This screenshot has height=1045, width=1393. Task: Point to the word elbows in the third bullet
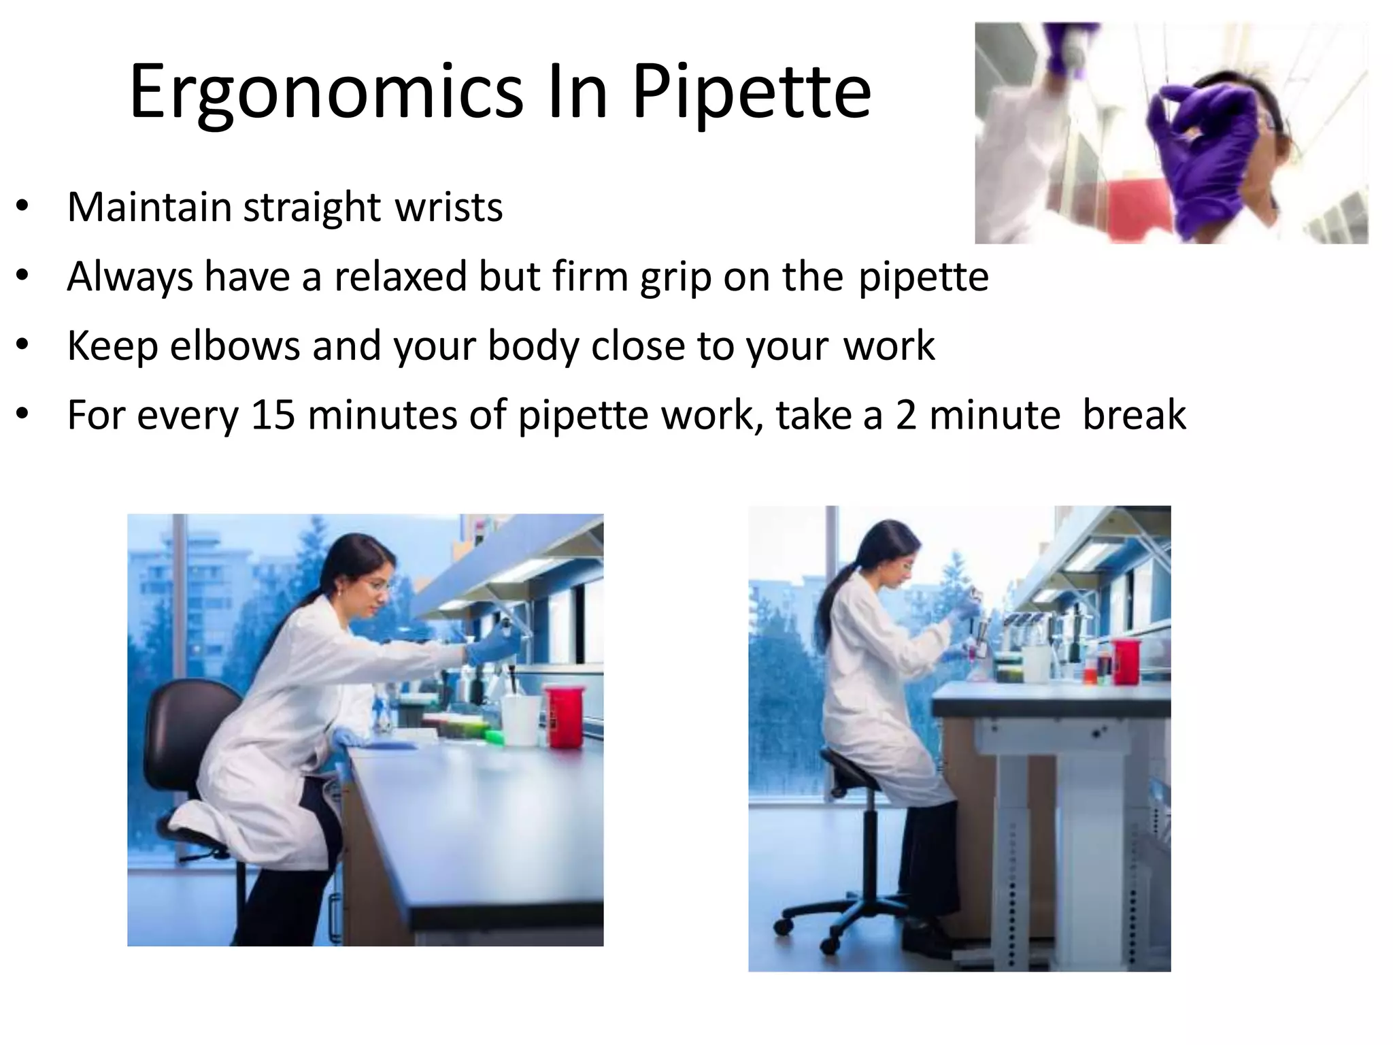235,346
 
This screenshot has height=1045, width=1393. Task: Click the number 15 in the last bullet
273,415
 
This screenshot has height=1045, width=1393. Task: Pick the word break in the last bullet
1134,415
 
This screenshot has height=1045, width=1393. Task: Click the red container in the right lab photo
1125,661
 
